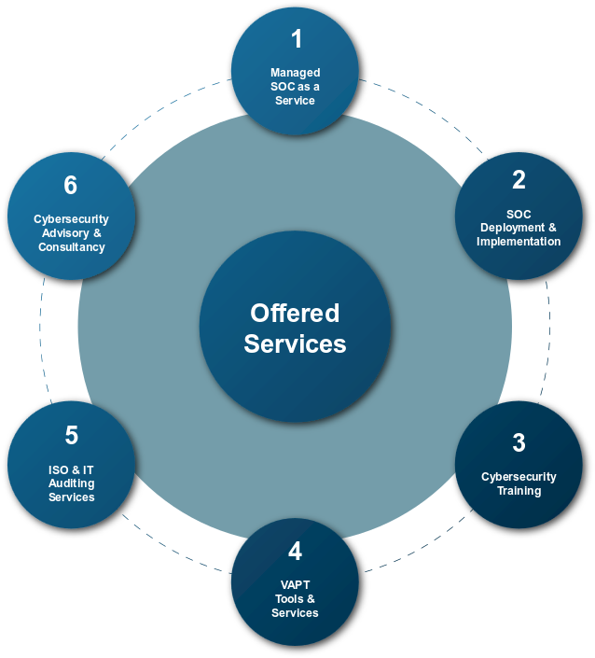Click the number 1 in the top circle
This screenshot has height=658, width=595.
(x=297, y=39)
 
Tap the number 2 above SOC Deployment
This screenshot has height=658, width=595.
(x=519, y=179)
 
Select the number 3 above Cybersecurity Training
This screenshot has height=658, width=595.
(x=519, y=442)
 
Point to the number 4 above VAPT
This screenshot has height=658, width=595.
(x=295, y=552)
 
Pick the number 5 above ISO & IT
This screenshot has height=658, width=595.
(x=72, y=436)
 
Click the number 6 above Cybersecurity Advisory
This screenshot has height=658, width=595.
(x=71, y=185)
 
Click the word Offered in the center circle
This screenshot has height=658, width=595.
(x=295, y=313)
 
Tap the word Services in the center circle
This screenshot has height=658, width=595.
(x=295, y=343)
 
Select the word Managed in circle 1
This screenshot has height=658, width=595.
(x=295, y=73)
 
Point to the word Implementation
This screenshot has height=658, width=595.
(x=519, y=242)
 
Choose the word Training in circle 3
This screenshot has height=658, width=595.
(x=519, y=491)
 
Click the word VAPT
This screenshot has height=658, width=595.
(x=295, y=585)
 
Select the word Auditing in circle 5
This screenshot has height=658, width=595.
(x=72, y=483)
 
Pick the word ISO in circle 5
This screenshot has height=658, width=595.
(x=59, y=469)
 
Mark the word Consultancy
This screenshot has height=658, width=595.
(x=72, y=247)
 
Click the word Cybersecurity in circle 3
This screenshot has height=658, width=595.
(x=519, y=477)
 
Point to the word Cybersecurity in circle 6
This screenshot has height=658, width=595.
(x=72, y=219)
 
